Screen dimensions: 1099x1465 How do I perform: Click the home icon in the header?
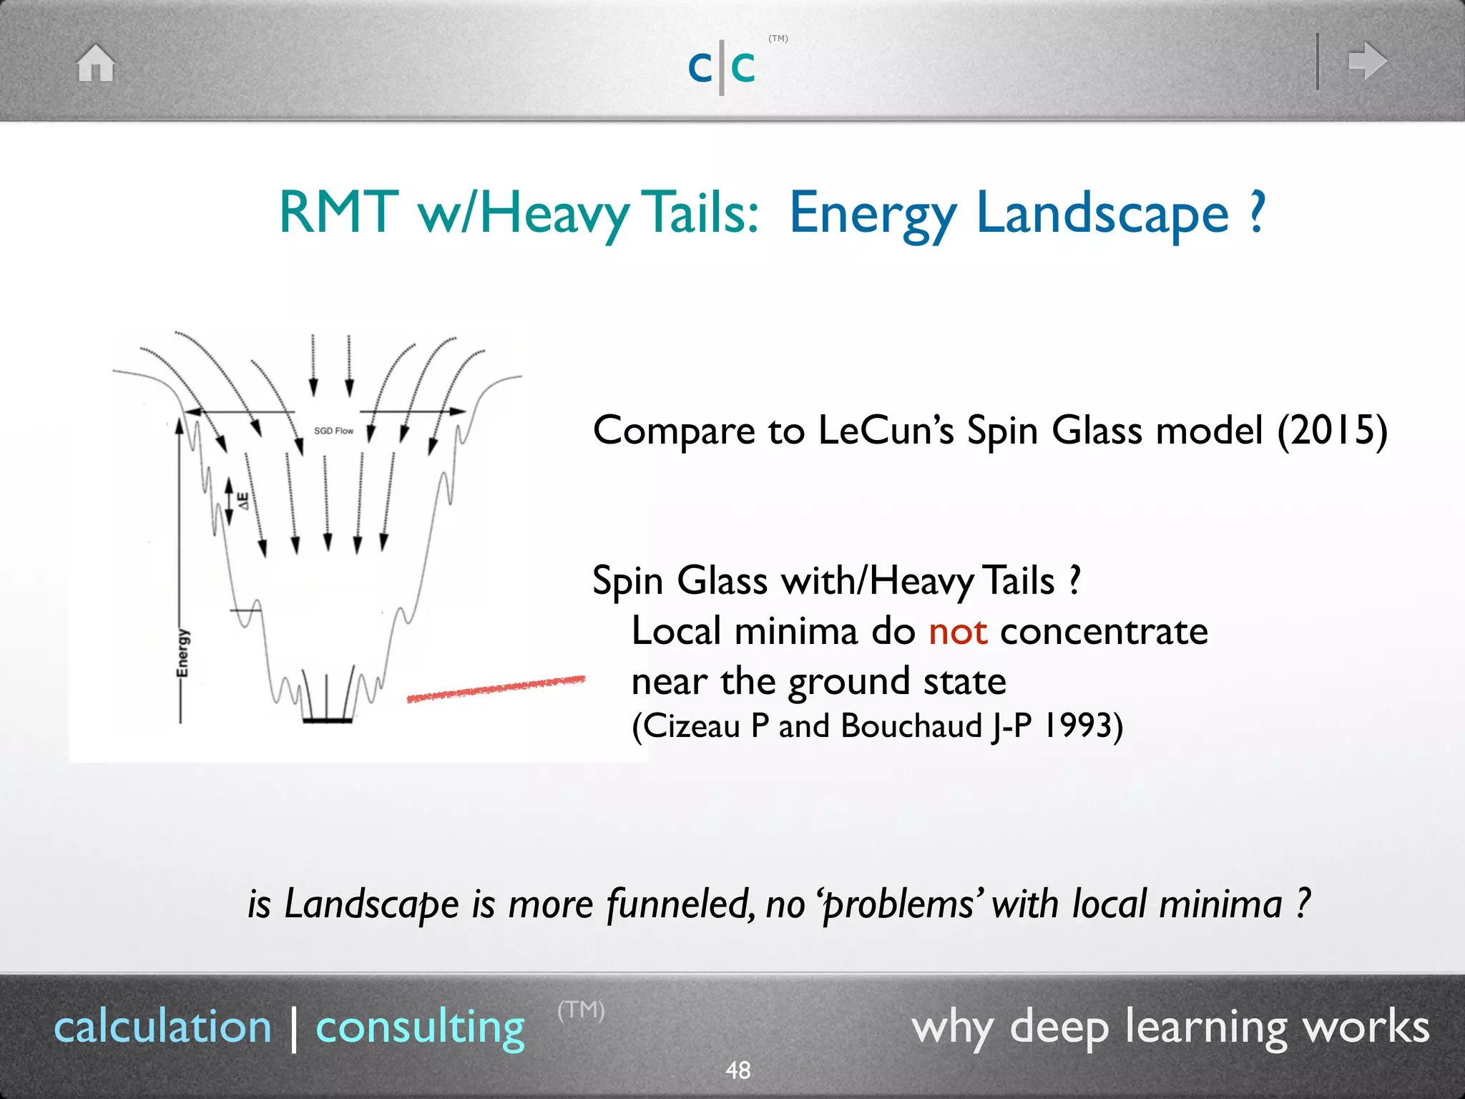click(x=96, y=63)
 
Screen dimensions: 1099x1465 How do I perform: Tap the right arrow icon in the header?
click(x=1367, y=61)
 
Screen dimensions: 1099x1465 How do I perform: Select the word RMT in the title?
click(x=338, y=213)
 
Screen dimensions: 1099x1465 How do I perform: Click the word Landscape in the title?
click(x=1102, y=213)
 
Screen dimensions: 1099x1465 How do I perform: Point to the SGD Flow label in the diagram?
click(x=333, y=431)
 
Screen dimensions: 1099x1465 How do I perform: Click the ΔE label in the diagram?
click(x=243, y=500)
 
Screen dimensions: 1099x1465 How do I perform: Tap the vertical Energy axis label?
click(x=183, y=653)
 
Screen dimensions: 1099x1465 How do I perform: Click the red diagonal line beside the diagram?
click(x=496, y=688)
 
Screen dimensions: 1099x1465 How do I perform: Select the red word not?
click(x=957, y=631)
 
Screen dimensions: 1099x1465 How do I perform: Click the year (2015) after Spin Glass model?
click(x=1332, y=431)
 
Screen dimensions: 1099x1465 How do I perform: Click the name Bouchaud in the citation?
click(x=911, y=726)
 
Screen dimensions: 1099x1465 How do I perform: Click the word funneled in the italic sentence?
click(x=680, y=904)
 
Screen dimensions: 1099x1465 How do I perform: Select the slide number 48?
click(x=738, y=1070)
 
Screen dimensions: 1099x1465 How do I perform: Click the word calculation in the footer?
click(x=163, y=1027)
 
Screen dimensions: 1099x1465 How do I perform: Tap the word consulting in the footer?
click(x=421, y=1027)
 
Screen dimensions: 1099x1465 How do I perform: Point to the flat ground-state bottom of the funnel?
click(x=327, y=720)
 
